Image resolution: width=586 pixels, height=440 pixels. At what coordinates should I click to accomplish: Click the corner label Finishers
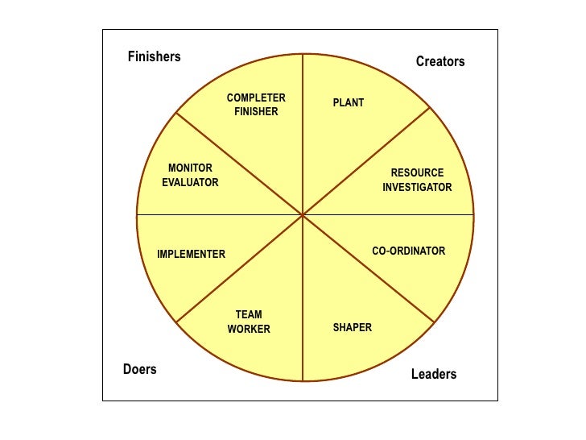154,57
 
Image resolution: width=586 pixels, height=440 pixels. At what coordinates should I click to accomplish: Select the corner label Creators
440,61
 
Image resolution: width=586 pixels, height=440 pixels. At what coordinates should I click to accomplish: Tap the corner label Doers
139,370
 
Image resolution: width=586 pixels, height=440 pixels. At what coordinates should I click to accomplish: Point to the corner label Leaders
433,374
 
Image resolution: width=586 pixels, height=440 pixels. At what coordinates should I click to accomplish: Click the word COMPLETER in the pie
256,98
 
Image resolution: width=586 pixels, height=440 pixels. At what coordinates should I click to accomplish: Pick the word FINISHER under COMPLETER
256,112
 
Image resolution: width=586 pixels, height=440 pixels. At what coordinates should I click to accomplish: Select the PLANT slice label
349,103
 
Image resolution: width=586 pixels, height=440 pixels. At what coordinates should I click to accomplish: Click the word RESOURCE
417,173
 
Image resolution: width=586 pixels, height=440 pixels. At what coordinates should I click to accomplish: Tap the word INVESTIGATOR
417,188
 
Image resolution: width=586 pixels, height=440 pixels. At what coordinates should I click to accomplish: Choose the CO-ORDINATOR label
408,251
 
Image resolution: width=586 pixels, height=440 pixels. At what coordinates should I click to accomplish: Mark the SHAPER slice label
353,328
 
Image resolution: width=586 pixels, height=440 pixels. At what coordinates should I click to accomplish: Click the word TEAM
249,315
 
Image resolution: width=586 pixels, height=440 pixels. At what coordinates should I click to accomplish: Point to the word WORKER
249,330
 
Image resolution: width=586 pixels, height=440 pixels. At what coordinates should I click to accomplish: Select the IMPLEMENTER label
191,255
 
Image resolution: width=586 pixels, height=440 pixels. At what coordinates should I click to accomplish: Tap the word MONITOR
190,168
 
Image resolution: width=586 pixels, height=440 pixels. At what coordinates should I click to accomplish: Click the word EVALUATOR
190,183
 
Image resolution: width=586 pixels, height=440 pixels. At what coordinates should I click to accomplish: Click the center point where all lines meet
303,215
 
